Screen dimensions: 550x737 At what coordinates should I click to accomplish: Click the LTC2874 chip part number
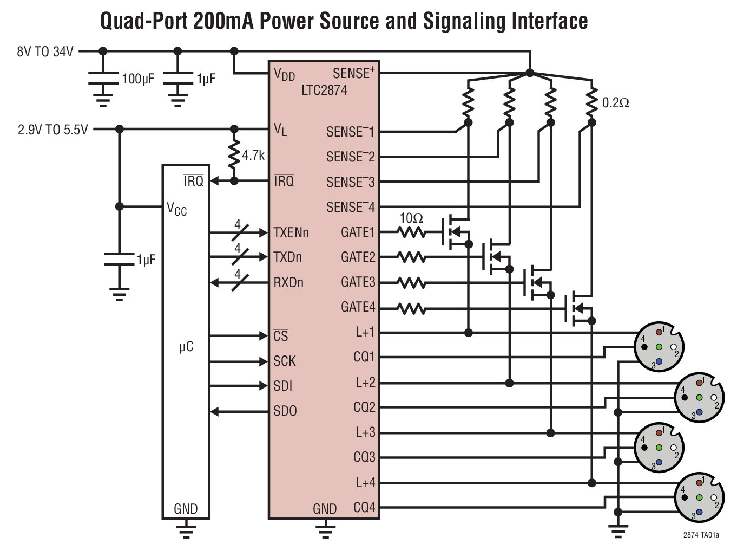click(x=324, y=90)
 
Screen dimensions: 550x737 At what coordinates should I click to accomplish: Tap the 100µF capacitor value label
click(x=138, y=79)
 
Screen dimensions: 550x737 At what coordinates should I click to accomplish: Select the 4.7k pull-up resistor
click(x=234, y=155)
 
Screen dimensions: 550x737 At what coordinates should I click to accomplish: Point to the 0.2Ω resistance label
click(x=615, y=103)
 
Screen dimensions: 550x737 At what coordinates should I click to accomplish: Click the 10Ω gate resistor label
click(x=411, y=218)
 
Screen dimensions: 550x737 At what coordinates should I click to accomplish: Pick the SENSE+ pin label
click(x=353, y=73)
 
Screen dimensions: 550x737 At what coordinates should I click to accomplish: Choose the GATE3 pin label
click(x=358, y=282)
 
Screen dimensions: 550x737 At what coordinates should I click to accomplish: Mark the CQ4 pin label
click(x=364, y=508)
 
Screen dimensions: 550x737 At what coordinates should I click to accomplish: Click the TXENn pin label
click(x=291, y=232)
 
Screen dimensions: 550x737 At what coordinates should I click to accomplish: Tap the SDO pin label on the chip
click(x=285, y=411)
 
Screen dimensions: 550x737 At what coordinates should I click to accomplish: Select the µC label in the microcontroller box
click(x=186, y=347)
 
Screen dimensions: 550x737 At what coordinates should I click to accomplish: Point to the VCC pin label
click(x=176, y=209)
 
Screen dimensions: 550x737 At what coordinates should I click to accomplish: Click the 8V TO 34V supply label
click(x=45, y=52)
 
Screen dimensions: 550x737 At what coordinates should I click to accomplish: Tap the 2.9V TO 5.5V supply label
click(x=52, y=130)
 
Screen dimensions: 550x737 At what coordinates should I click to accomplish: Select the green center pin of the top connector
click(x=659, y=347)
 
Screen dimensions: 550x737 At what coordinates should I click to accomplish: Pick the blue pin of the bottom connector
click(x=699, y=512)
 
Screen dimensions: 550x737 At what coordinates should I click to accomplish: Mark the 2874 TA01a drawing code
click(x=701, y=535)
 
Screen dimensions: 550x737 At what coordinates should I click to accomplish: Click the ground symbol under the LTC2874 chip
click(x=325, y=529)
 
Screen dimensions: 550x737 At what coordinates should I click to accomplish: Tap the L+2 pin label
click(x=365, y=383)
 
